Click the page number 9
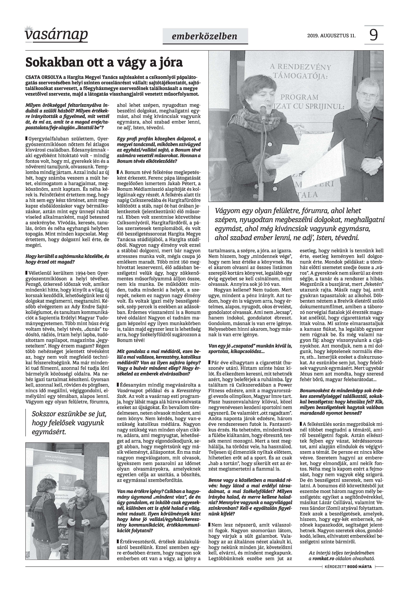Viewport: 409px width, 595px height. tap(374, 35)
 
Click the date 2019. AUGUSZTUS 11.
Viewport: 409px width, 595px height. tap(331, 36)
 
